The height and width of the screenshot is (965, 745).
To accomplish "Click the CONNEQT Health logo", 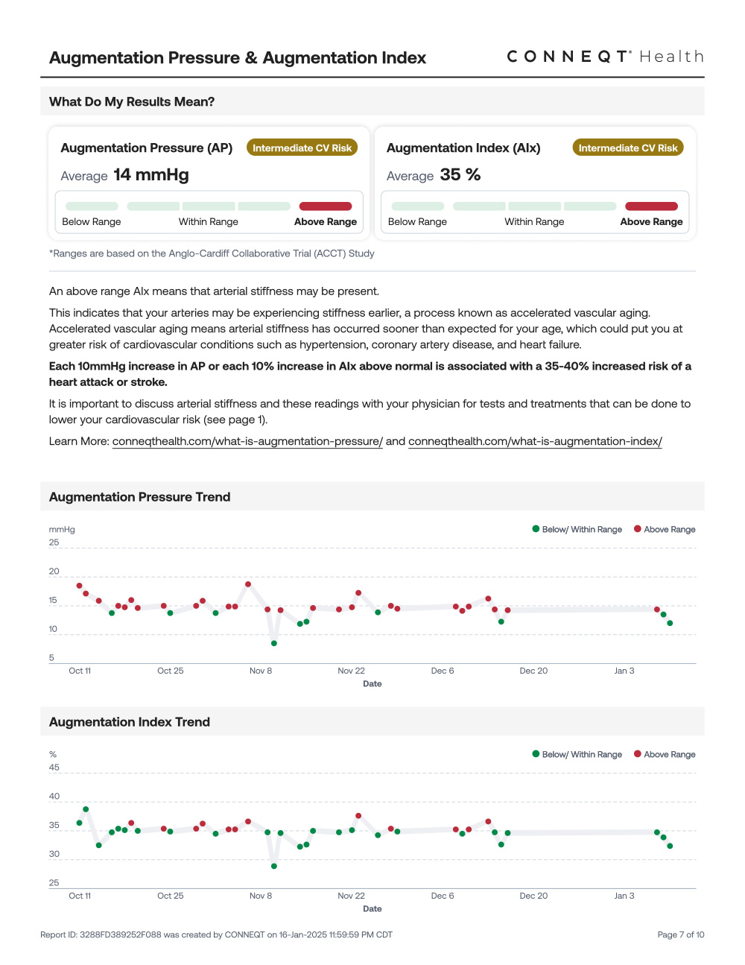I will [x=605, y=57].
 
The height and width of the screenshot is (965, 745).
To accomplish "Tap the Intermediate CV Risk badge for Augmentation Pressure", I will [x=302, y=148].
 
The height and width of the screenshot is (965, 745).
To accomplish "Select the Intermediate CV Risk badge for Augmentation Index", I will [x=628, y=148].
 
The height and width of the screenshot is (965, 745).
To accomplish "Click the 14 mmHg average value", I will [x=151, y=175].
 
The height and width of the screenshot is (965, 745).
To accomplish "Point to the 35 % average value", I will [x=460, y=175].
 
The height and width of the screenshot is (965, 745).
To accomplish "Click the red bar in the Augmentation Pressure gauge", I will [x=326, y=206].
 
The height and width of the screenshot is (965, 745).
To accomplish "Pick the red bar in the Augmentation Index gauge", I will [x=651, y=206].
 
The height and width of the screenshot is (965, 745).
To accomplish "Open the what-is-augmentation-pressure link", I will [x=247, y=441].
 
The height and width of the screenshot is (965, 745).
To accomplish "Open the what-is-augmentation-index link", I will [x=535, y=441].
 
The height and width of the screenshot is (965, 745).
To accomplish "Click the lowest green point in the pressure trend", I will [x=274, y=643].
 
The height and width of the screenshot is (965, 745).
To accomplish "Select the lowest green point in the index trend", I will [x=274, y=866].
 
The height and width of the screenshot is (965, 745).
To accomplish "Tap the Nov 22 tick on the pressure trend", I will [x=351, y=671].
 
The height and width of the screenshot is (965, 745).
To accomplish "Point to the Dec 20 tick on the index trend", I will [x=533, y=896].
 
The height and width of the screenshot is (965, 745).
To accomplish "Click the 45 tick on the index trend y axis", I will [x=54, y=768].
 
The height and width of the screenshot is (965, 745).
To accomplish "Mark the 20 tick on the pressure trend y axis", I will [x=54, y=572].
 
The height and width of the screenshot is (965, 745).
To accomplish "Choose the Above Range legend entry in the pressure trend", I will [x=665, y=529].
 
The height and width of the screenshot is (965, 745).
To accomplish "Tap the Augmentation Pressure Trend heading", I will [x=140, y=497].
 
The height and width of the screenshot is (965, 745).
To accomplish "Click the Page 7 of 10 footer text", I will [x=680, y=934].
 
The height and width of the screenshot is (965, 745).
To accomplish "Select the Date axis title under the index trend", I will [x=372, y=908].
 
